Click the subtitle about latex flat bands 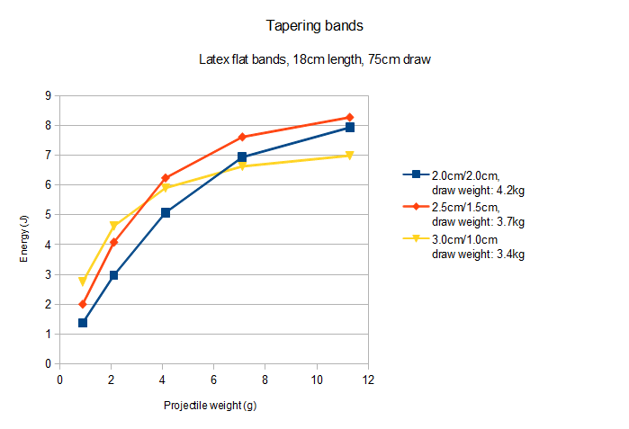point(318,60)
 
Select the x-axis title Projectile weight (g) point(211,406)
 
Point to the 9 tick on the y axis point(46,95)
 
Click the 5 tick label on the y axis point(46,215)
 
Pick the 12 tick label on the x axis point(367,380)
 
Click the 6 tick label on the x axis point(213,380)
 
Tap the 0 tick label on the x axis point(59,380)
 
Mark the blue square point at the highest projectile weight point(349,128)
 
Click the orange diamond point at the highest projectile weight point(349,118)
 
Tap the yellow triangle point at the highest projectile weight point(349,156)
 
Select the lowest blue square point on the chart point(83,323)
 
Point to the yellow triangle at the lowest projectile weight point(83,282)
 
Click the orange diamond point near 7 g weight point(242,138)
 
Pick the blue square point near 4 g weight point(166,213)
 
